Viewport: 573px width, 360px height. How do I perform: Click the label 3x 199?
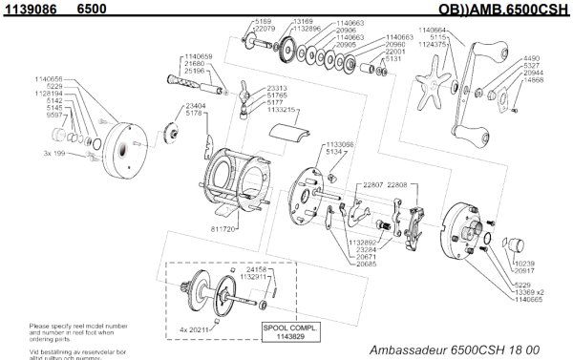pyautogui.click(x=54, y=153)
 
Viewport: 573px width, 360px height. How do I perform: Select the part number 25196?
pyautogui.click(x=199, y=71)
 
